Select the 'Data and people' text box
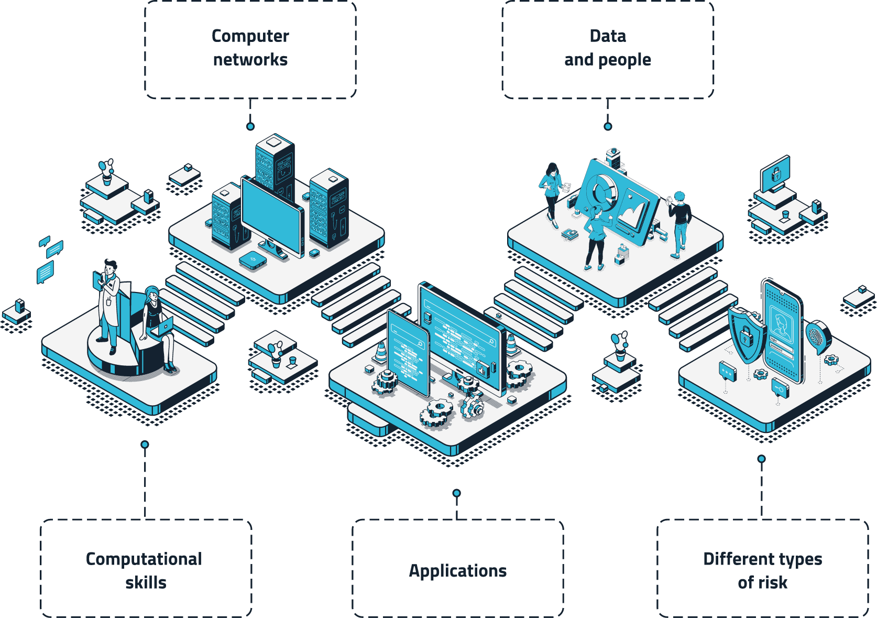[x=608, y=50]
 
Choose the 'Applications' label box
[x=458, y=569]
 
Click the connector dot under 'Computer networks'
[x=250, y=126]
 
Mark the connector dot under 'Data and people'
[x=608, y=126]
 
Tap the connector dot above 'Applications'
[x=456, y=493]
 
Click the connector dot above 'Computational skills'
[x=145, y=444]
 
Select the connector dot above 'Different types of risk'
[x=762, y=459]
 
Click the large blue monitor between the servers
[x=272, y=216]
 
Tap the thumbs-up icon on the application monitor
[x=482, y=370]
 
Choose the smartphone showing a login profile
[x=783, y=331]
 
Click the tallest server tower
[x=275, y=168]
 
